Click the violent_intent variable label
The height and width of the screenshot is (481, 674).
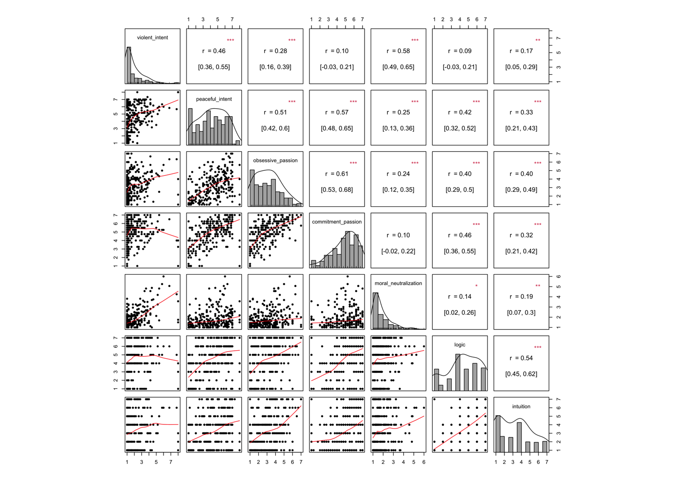coord(152,38)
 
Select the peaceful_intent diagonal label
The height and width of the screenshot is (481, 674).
coord(214,99)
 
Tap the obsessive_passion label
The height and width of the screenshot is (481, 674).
coord(275,160)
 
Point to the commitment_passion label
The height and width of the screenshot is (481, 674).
coord(337,222)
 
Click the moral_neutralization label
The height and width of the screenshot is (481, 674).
coord(398,284)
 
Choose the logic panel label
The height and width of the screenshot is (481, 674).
coord(460,345)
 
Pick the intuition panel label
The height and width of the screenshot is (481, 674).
coord(521,406)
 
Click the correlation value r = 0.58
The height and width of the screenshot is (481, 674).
coord(398,51)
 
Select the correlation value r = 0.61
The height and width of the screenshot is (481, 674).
coord(337,174)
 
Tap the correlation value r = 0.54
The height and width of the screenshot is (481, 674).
coord(521,358)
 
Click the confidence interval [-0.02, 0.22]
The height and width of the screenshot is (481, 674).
coord(398,251)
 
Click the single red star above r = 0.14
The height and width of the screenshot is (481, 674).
coord(476,286)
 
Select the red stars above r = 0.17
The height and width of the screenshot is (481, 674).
coord(538,41)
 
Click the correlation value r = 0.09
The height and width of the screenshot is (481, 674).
coord(460,51)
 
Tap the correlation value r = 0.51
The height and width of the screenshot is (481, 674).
coord(275,112)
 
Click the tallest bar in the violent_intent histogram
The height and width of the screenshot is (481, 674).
coord(129,65)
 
